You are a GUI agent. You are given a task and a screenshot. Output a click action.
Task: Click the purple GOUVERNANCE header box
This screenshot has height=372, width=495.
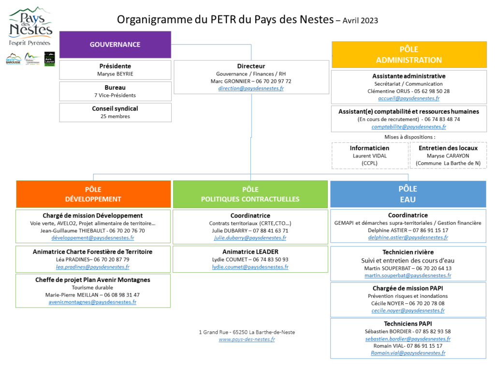point(115,45)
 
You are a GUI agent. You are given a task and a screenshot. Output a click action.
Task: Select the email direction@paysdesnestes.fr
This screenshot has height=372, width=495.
point(251,88)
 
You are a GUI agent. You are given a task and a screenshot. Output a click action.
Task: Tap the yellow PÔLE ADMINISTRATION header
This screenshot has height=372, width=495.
point(409,54)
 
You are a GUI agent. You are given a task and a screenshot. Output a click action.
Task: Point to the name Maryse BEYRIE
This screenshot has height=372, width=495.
point(115,74)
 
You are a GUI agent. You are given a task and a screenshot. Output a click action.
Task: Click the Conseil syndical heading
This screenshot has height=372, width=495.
point(115,108)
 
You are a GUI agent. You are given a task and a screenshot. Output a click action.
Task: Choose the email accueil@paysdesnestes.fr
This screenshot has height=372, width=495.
point(409,98)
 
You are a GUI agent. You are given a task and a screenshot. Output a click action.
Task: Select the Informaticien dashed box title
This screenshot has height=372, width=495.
point(369,148)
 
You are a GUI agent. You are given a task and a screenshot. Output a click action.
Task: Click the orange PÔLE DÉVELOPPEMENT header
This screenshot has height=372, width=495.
point(93,194)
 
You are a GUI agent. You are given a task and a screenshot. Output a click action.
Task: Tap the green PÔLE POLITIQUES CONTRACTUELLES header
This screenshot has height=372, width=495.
point(250,194)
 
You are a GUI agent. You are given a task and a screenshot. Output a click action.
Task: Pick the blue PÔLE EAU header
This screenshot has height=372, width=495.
point(408,194)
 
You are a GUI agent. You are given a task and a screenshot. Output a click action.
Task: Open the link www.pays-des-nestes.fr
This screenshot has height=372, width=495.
point(247,340)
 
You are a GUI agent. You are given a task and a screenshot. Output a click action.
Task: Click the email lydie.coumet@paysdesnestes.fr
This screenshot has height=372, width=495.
point(250,267)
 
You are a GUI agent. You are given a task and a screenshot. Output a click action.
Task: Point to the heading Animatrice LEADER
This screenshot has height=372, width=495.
point(250,252)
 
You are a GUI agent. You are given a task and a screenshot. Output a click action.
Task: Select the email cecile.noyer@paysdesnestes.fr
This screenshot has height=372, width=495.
point(408,310)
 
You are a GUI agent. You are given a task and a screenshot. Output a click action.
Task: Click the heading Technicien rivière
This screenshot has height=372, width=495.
point(408,252)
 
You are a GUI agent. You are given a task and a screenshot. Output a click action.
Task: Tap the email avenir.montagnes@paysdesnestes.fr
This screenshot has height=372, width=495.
point(92,302)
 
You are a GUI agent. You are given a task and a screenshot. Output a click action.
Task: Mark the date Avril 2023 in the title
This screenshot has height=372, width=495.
point(360,20)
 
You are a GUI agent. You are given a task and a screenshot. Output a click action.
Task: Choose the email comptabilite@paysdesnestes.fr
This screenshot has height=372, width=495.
point(409,127)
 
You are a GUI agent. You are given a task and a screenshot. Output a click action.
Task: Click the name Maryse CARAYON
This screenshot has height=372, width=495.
point(448,156)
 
